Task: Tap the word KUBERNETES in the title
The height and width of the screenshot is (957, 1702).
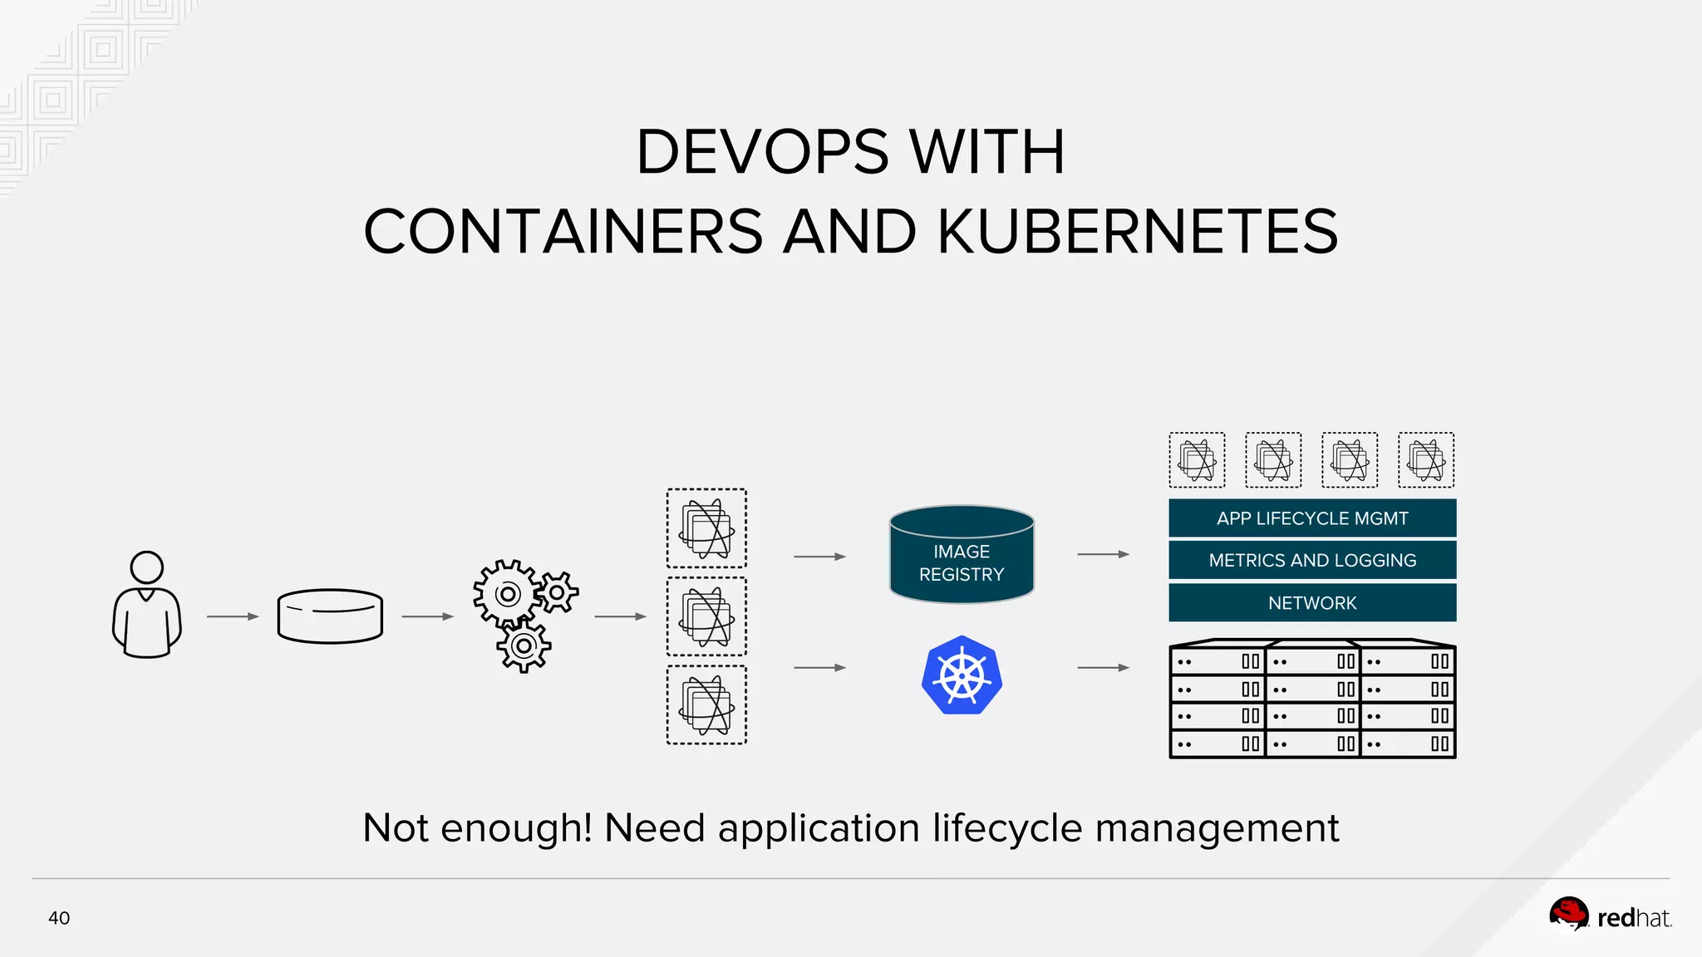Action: coord(1138,232)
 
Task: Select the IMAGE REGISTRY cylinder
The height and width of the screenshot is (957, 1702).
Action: coord(962,555)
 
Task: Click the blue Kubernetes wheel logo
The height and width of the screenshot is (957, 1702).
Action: coord(962,675)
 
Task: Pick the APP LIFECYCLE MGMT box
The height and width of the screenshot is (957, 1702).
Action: coord(1312,518)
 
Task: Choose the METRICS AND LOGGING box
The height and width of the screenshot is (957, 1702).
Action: coord(1312,561)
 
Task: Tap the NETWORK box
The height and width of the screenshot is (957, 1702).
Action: coord(1312,603)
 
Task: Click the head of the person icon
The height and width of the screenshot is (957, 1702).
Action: coord(147,567)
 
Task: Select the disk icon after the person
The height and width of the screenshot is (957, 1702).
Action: coord(330,616)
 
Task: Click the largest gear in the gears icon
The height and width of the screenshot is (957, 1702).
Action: coord(507,593)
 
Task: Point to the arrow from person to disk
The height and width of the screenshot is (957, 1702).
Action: coord(233,616)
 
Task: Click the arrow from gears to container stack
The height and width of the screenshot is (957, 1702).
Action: coord(620,616)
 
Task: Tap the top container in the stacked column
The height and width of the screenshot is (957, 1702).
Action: coord(706,528)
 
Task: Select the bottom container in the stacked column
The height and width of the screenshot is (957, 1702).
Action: coord(706,704)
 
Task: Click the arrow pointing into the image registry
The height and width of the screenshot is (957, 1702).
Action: coord(819,557)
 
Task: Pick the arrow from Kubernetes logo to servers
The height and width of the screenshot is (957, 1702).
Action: coord(1103,667)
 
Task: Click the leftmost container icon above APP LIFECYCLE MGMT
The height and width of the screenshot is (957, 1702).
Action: coord(1197,459)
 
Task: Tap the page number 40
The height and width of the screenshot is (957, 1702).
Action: coord(59,918)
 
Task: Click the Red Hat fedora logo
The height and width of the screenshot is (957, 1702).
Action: coord(1568,915)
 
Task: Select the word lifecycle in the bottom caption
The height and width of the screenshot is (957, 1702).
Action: coord(1007,828)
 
